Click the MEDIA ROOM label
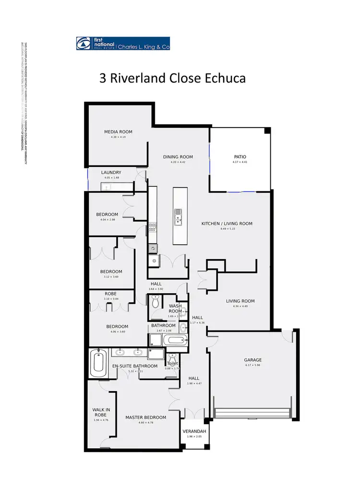click(x=118, y=132)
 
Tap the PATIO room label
click(x=239, y=157)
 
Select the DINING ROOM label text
click(x=178, y=157)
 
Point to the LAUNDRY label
click(x=111, y=173)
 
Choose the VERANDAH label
click(x=194, y=431)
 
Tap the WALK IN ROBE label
click(x=102, y=412)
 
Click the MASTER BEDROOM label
click(x=145, y=417)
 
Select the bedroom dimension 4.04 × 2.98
click(x=107, y=220)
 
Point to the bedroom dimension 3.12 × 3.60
click(x=111, y=277)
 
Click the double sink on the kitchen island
click(x=178, y=217)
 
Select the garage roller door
click(x=252, y=414)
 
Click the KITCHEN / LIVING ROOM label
click(x=227, y=224)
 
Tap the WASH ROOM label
click(x=175, y=309)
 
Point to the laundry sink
click(x=106, y=186)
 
